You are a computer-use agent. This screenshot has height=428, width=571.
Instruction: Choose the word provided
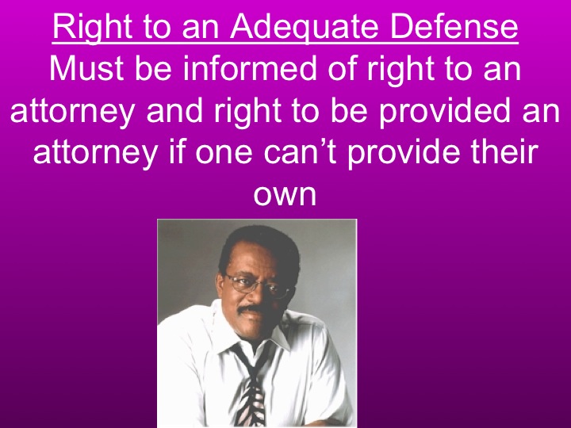[458, 111]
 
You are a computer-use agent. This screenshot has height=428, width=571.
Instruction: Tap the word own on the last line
[285, 193]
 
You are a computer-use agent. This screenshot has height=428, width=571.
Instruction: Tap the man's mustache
[255, 311]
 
